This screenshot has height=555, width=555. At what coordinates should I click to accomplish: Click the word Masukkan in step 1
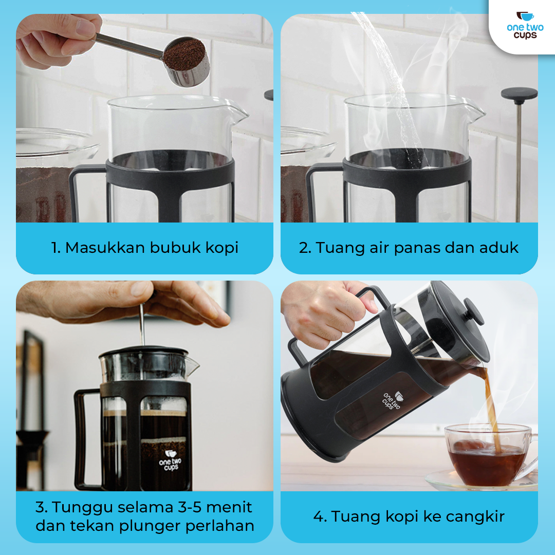[x=105, y=248]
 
